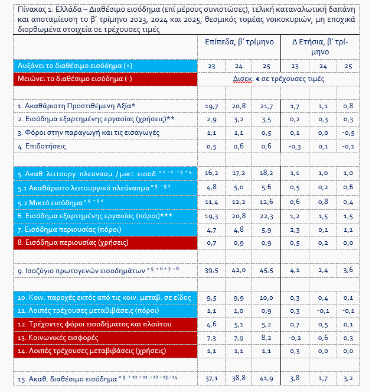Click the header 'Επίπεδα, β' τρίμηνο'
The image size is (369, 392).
pyautogui.click(x=239, y=43)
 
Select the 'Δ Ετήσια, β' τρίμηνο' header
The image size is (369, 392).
pyautogui.click(x=321, y=47)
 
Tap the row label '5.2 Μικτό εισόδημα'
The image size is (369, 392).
pyautogui.click(x=50, y=202)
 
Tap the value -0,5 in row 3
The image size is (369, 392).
pyautogui.click(x=348, y=132)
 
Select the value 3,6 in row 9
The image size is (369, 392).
pyautogui.click(x=348, y=271)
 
